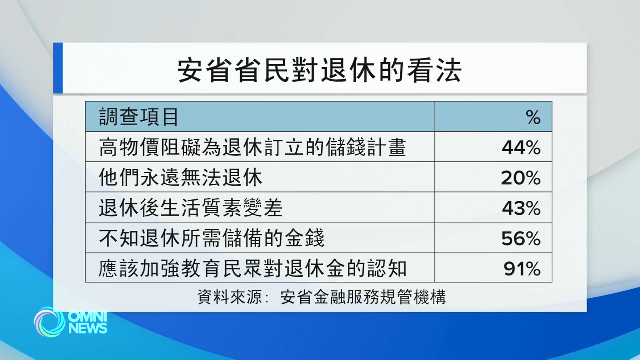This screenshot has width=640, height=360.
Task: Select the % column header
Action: (x=533, y=118)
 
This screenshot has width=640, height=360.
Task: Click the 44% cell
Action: (x=521, y=148)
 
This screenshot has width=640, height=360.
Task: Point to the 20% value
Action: (x=521, y=178)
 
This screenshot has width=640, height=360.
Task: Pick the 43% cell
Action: (x=521, y=208)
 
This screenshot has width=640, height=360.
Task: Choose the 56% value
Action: (x=521, y=239)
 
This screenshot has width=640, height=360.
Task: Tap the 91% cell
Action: (x=522, y=269)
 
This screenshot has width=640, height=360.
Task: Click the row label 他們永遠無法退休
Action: (x=180, y=178)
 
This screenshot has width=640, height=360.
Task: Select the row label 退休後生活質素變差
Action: (x=191, y=208)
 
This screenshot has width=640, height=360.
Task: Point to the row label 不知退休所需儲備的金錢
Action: (x=211, y=239)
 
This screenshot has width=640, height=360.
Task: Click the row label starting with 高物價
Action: (x=252, y=148)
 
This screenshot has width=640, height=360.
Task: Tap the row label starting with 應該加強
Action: (x=252, y=269)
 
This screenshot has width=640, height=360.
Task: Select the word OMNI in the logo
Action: (x=87, y=317)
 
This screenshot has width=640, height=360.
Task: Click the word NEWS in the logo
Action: (x=88, y=328)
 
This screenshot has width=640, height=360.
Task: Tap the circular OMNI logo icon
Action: (x=49, y=322)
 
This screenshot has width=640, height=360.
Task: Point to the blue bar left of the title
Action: (x=58, y=68)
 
